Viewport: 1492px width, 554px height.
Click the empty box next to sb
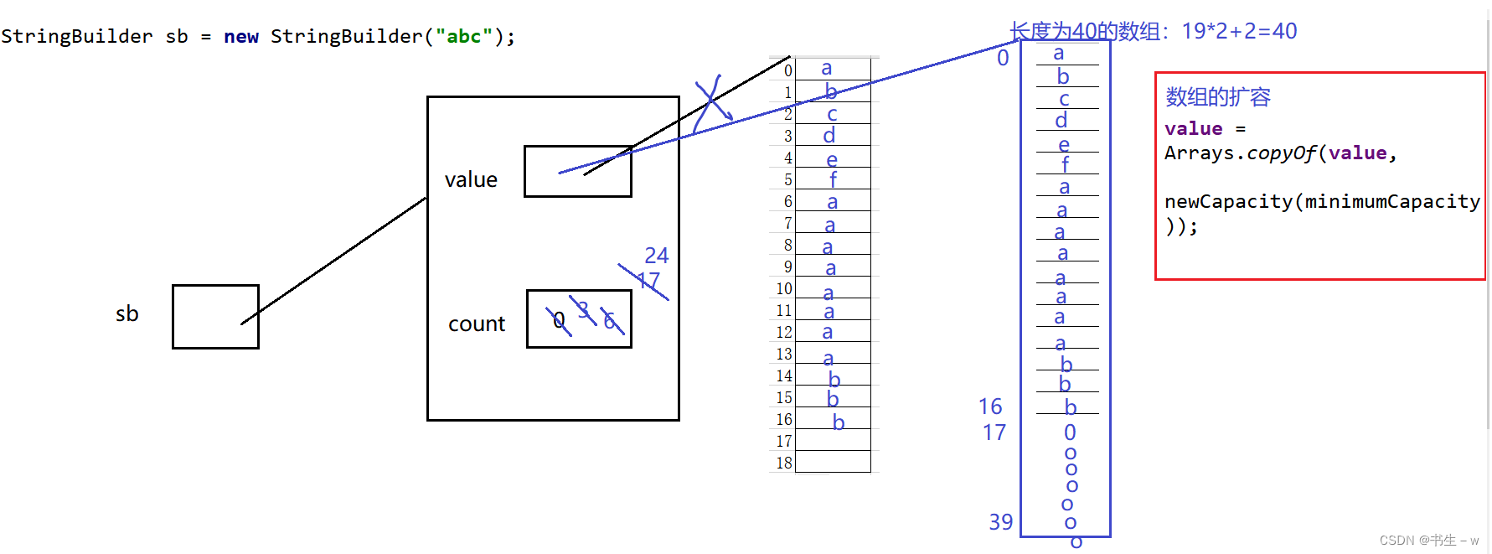tap(215, 316)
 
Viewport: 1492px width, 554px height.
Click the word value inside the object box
tap(471, 179)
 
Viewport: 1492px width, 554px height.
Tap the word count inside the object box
tap(477, 324)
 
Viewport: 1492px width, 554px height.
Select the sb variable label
tap(126, 313)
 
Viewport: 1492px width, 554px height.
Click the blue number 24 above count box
tap(656, 255)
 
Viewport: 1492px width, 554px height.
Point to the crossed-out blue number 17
tap(648, 281)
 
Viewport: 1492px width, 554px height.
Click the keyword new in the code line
tap(241, 36)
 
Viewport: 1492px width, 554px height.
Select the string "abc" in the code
tap(463, 36)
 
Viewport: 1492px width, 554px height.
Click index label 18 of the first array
tap(784, 463)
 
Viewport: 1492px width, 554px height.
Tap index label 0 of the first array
tap(787, 70)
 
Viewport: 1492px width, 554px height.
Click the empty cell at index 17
tap(833, 440)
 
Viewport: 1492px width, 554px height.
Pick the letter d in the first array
tap(829, 135)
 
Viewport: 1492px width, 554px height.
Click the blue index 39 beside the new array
tap(1000, 521)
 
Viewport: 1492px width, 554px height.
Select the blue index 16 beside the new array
tap(990, 406)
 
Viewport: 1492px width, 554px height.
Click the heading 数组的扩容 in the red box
tap(1217, 96)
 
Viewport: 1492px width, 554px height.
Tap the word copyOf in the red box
tap(1281, 153)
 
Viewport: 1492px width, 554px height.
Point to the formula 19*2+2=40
tap(1239, 31)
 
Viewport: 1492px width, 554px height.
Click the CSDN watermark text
tap(1428, 541)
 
